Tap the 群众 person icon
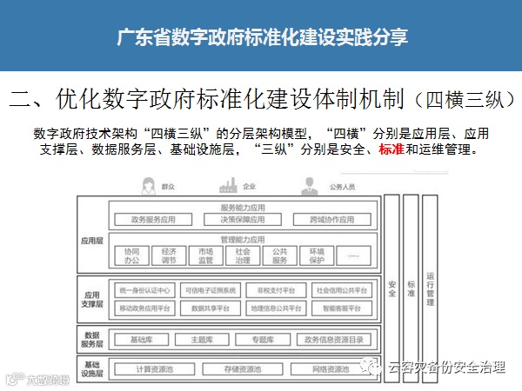point(145,185)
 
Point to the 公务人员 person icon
point(308,185)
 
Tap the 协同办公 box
point(130,256)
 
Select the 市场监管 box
point(205,256)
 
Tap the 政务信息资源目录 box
point(332,339)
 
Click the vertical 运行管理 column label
point(430,287)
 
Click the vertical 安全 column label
point(391,287)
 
